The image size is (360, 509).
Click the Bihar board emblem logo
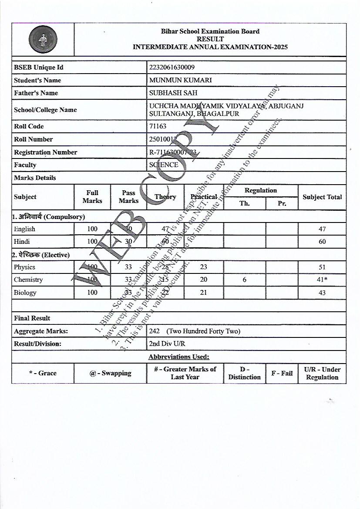coord(43,40)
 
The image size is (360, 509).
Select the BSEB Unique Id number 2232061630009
coord(172,67)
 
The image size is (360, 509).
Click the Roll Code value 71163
coord(158,126)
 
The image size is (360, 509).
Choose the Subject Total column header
coord(322,197)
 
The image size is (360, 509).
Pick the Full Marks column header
coord(92,197)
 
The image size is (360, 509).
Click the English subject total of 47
coord(322,229)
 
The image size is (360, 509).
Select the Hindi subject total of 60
coord(322,242)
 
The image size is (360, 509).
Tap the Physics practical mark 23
coord(203,267)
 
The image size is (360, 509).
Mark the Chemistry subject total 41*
coord(322,280)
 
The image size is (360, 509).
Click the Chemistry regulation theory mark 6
coord(244,280)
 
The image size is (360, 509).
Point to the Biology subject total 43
coord(322,293)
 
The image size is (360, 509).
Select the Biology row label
coord(25,293)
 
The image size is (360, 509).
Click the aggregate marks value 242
coord(155,331)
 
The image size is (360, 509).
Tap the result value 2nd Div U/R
coord(167,344)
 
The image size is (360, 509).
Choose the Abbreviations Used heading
coord(179,357)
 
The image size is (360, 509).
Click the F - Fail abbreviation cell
coord(282,373)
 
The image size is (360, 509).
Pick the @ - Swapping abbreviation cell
coord(110,373)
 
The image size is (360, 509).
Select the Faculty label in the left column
coord(25,165)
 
